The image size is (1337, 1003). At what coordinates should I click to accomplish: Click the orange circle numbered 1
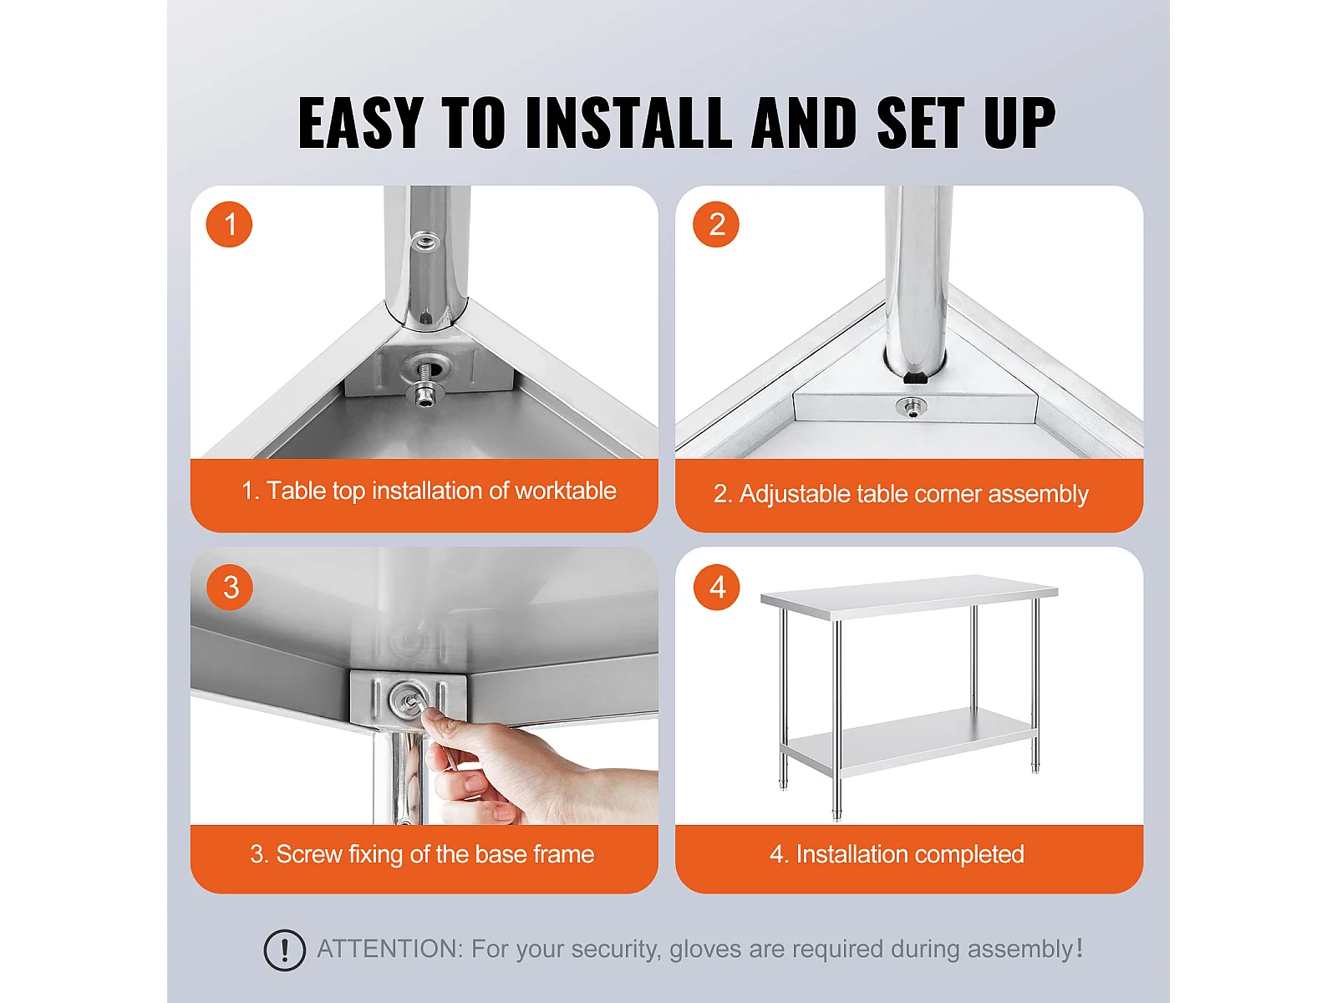point(229,224)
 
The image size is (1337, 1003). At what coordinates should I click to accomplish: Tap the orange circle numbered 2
point(715,224)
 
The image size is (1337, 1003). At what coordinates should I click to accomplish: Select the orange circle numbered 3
point(230,587)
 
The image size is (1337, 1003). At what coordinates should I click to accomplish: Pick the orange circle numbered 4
point(716,587)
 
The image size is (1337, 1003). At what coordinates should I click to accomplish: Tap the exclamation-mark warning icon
point(284,950)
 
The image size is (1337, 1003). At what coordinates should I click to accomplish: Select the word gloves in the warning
point(706,950)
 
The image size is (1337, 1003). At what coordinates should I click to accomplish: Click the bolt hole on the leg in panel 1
point(424,242)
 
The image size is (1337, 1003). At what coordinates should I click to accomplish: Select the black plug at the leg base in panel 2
point(915,378)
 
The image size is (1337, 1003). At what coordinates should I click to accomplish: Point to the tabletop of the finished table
point(909,597)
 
